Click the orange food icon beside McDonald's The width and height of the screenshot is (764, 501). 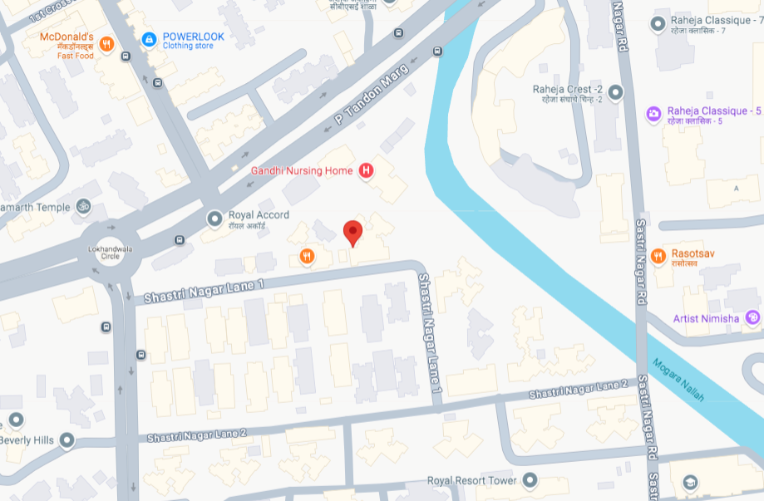(106, 45)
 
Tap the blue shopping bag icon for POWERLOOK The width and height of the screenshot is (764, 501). (149, 39)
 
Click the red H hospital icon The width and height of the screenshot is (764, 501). (364, 171)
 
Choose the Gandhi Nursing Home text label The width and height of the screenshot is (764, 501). (302, 171)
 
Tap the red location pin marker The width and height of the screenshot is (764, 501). (353, 233)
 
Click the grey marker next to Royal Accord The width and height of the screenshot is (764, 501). (215, 219)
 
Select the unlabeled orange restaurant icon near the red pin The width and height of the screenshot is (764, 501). (307, 256)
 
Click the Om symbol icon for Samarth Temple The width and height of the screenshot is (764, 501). (83, 206)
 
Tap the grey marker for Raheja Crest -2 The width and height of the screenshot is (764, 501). (615, 92)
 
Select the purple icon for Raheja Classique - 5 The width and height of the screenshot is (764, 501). (654, 113)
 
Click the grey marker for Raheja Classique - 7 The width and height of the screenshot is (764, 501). (658, 24)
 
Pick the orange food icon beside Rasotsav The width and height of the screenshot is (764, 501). (658, 256)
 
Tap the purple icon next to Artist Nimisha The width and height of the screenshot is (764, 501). (752, 317)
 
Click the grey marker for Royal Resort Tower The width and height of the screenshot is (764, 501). (530, 480)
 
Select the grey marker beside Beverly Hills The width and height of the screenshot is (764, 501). (67, 440)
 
